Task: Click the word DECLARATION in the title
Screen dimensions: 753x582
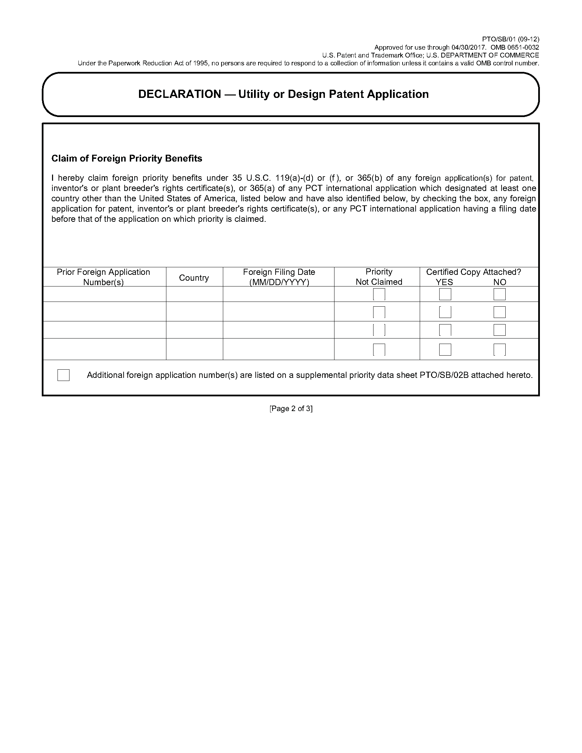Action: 179,94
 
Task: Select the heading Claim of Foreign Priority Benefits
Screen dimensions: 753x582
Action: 127,158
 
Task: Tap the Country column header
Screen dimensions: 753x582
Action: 194,278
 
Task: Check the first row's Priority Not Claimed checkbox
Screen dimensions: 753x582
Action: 379,294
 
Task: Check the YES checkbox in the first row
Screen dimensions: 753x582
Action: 445,294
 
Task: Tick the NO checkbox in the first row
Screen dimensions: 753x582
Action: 499,294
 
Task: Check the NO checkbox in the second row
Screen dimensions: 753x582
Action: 499,312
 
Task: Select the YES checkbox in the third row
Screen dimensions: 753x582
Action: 445,330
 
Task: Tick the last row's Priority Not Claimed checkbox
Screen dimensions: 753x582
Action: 379,349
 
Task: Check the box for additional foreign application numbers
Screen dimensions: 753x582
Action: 63,375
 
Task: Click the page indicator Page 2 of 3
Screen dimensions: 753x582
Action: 291,409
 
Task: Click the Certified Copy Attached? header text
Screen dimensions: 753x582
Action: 473,272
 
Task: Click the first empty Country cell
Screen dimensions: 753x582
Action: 194,294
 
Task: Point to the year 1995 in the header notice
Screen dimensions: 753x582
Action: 198,63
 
